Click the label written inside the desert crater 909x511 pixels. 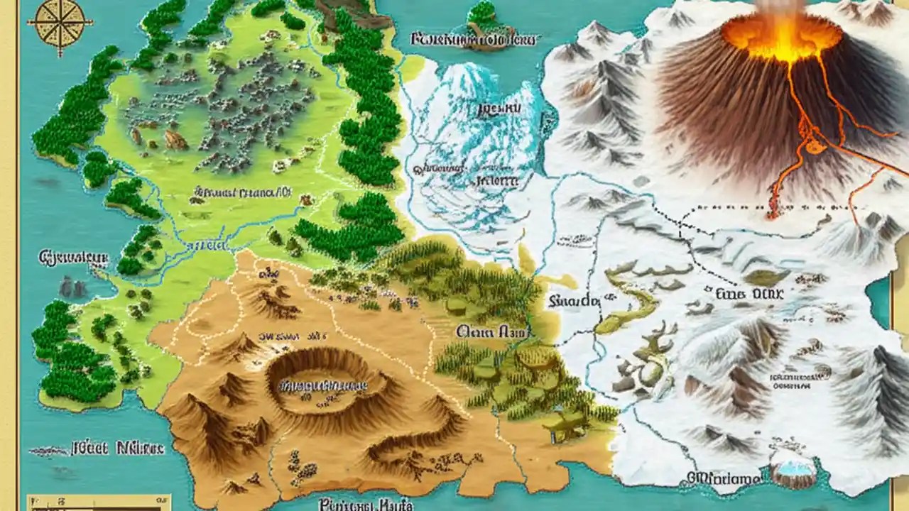324,385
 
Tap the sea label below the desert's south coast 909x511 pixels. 366,504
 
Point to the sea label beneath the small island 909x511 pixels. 472,40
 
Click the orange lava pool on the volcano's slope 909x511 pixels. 814,145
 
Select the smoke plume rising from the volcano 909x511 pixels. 781,7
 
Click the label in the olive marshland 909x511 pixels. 490,331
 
